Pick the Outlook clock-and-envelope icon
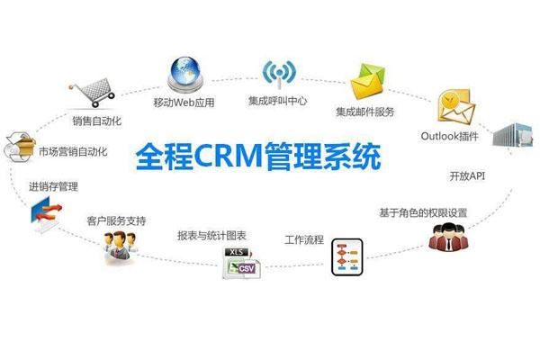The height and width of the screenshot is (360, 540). [x=454, y=108]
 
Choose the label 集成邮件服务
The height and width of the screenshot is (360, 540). [x=366, y=112]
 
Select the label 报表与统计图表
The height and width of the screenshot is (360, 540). [x=213, y=237]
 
